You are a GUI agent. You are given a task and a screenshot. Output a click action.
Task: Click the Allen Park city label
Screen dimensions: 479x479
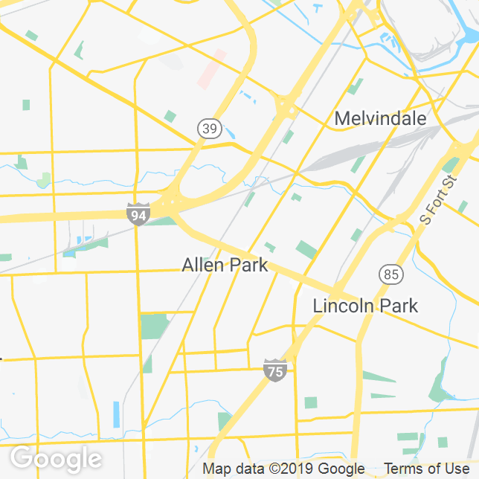(x=225, y=265)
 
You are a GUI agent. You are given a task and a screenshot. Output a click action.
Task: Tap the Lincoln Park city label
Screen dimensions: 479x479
(x=365, y=306)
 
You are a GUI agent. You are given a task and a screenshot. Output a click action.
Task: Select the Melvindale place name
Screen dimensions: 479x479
(x=380, y=118)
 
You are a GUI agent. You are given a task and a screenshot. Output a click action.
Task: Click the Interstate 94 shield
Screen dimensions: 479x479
(x=138, y=213)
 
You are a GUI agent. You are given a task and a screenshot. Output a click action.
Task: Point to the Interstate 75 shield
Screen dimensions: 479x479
(x=275, y=370)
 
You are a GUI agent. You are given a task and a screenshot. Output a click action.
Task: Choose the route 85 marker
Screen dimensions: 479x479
(x=391, y=274)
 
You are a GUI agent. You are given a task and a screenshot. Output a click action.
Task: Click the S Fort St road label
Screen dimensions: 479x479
(x=437, y=199)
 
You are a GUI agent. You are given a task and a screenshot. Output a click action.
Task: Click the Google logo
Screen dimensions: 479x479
(x=56, y=458)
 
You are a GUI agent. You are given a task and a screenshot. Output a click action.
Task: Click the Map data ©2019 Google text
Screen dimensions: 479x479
(x=284, y=469)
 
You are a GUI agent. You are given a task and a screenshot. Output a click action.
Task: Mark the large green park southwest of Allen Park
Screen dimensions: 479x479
(x=154, y=327)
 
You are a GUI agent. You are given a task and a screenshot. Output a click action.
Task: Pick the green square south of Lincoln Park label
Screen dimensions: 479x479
(x=310, y=402)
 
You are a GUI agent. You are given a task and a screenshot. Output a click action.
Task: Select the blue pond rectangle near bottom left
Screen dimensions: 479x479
(x=116, y=414)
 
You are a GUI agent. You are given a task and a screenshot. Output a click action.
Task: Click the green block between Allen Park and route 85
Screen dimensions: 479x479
(x=306, y=249)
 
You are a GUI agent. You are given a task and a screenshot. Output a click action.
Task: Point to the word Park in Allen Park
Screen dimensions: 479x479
(x=246, y=265)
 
